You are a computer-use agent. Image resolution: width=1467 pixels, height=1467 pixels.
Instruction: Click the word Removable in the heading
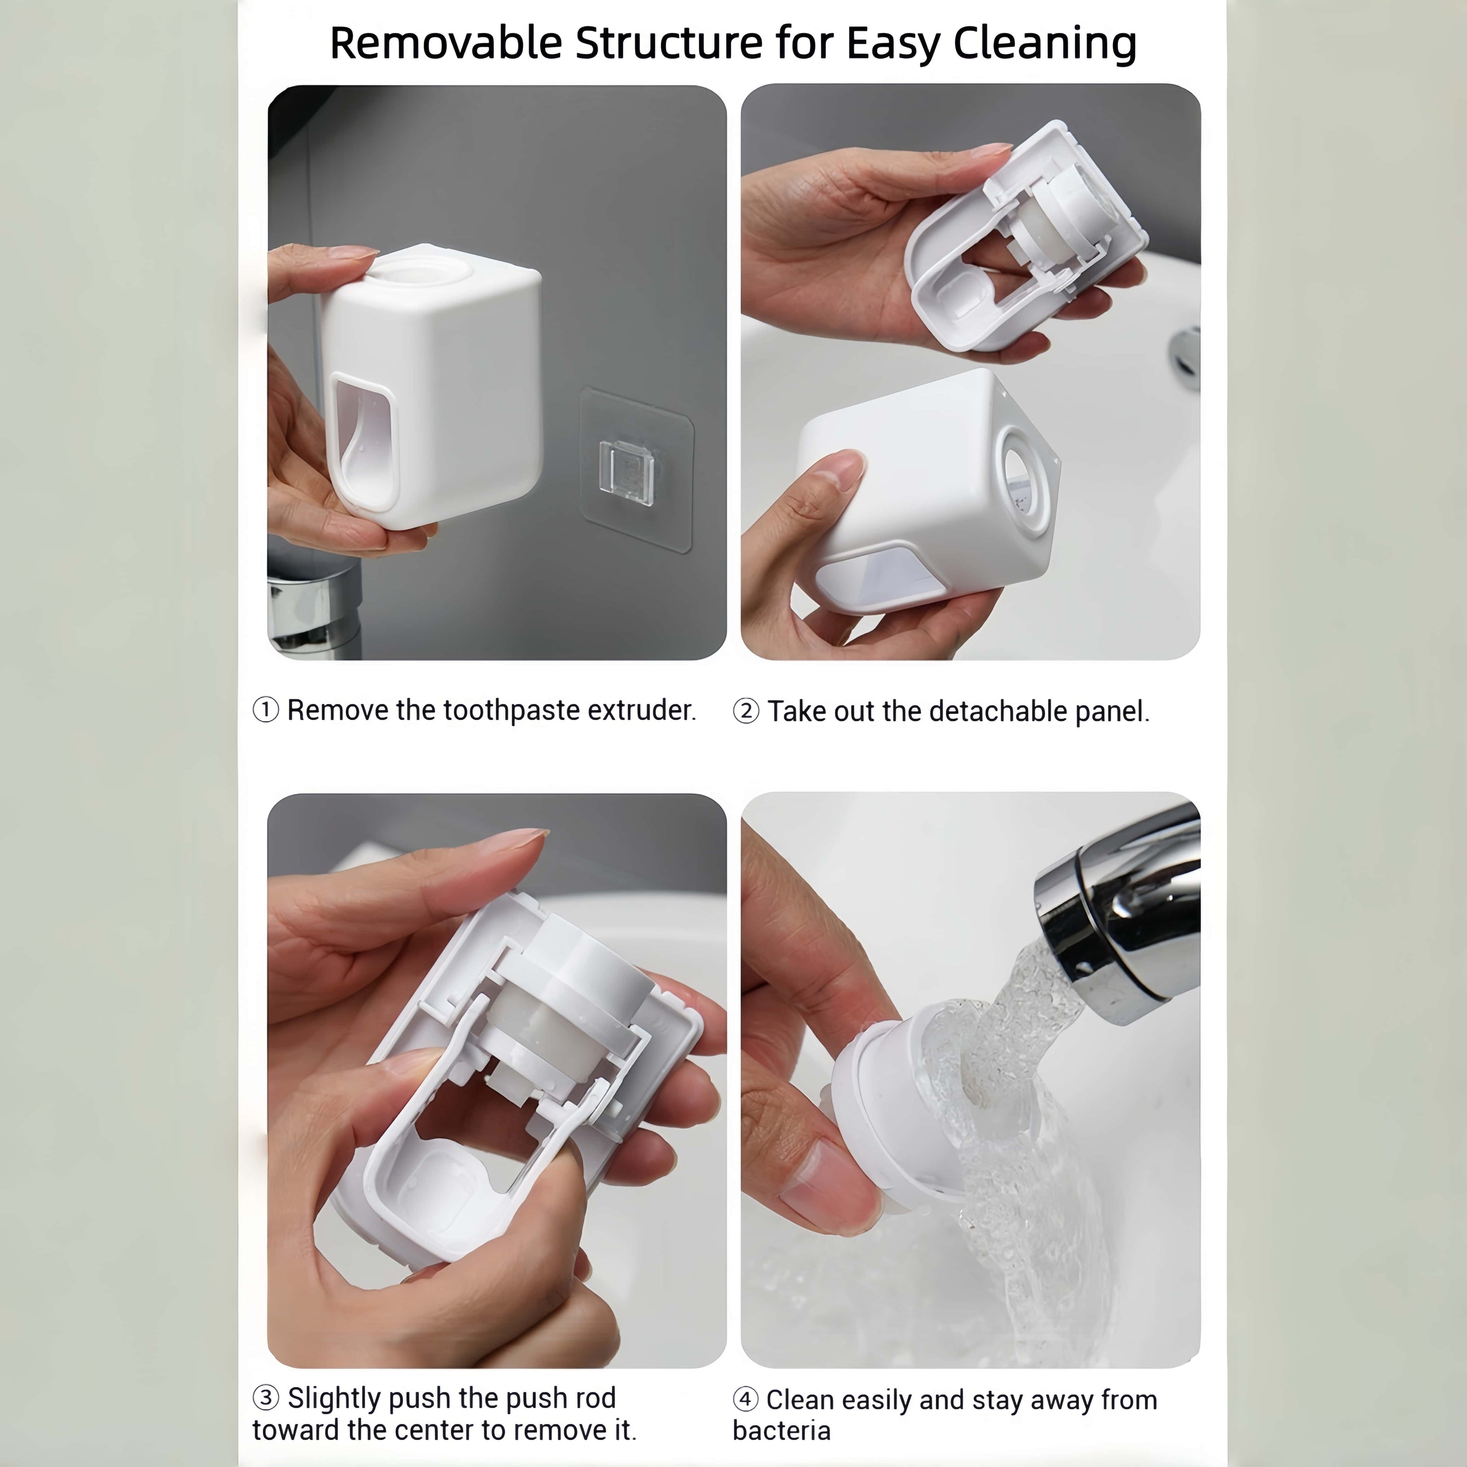pos(447,43)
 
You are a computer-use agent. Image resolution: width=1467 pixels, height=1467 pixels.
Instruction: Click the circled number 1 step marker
pos(266,711)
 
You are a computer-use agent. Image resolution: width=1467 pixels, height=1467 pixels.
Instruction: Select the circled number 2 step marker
pos(746,711)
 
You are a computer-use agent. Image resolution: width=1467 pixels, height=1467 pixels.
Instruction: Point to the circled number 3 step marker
pos(266,1397)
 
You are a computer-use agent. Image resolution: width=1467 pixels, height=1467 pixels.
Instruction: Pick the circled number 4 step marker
pos(746,1399)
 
